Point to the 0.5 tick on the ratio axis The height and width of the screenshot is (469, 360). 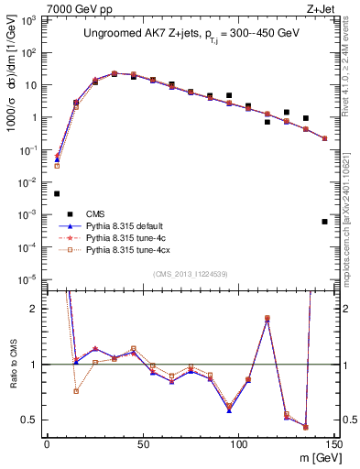click(33, 420)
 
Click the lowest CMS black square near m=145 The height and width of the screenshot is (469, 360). click(324, 222)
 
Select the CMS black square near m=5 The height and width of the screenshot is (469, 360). click(57, 193)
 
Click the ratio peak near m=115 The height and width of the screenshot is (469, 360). click(267, 318)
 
